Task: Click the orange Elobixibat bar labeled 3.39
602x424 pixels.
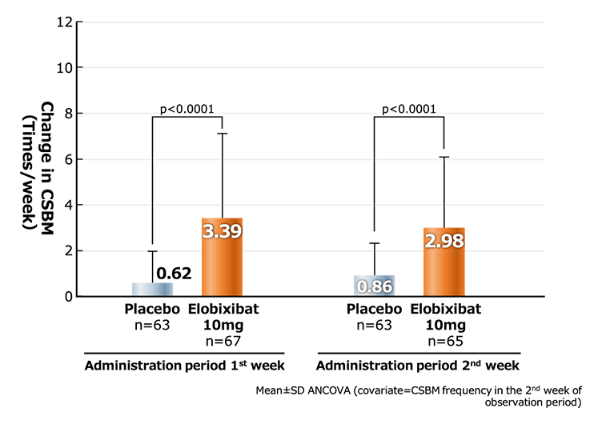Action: point(222,258)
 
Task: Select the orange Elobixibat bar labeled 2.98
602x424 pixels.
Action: point(444,262)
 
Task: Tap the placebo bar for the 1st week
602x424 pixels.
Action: point(152,290)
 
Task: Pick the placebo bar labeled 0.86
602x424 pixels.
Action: point(375,286)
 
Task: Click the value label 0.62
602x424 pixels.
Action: point(174,274)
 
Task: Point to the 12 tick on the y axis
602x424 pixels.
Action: point(60,22)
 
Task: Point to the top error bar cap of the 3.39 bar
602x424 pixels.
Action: point(223,133)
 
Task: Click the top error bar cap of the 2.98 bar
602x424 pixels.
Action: point(444,157)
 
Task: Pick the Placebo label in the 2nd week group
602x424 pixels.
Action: point(374,310)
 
